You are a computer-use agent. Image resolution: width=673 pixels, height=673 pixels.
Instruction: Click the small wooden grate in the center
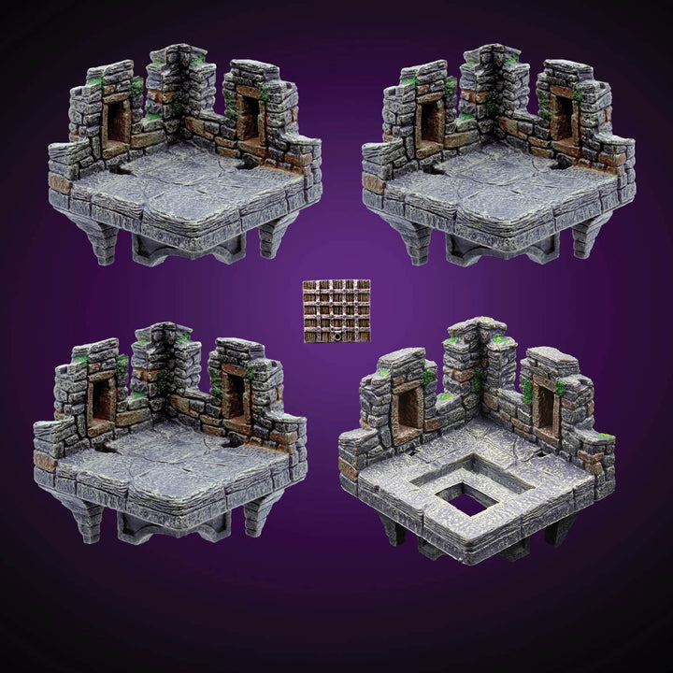click(x=336, y=309)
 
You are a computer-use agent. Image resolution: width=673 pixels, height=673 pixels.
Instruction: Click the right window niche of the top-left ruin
click(x=250, y=118)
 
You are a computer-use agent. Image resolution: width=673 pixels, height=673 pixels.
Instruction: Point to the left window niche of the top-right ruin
click(x=431, y=122)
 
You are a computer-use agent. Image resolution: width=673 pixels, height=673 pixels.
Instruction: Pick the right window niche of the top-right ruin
click(x=563, y=118)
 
